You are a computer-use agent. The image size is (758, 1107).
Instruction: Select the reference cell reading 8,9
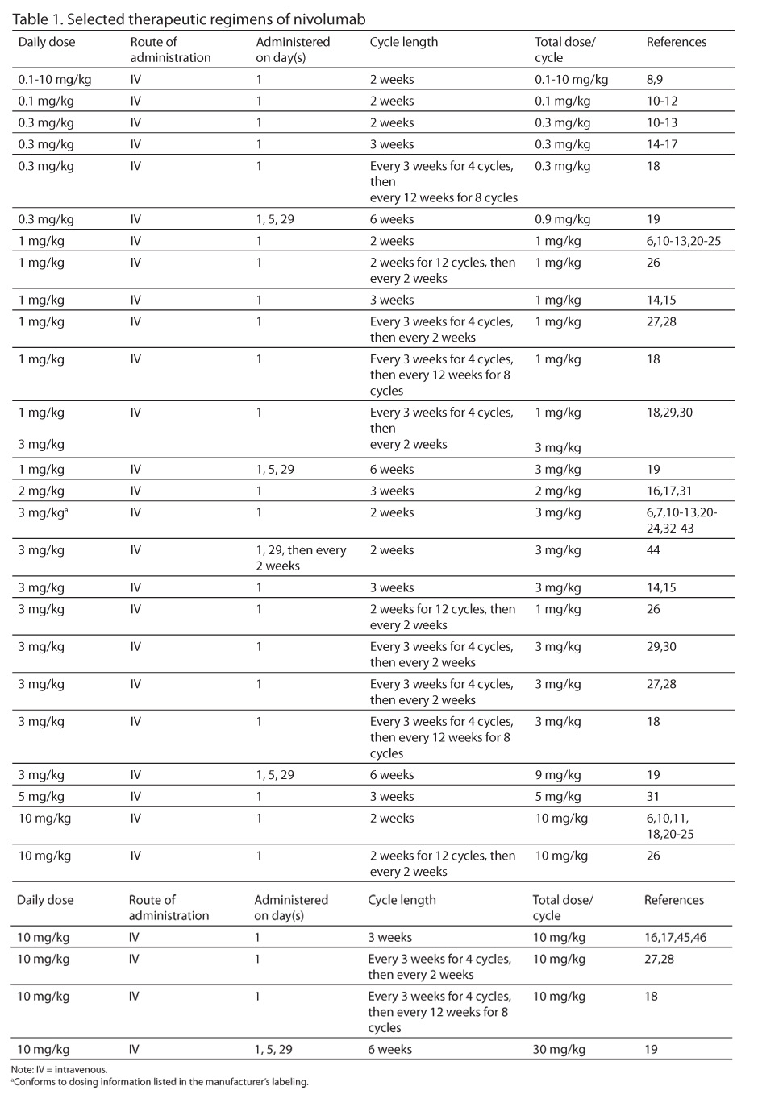pyautogui.click(x=654, y=80)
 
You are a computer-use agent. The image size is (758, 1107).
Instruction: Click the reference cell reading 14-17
pyautogui.click(x=661, y=144)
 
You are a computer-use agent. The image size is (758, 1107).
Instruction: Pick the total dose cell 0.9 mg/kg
pyautogui.click(x=563, y=219)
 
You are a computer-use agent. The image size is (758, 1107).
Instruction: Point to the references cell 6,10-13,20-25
pyautogui.click(x=683, y=241)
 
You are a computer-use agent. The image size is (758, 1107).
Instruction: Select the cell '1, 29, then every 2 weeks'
pyautogui.click(x=301, y=558)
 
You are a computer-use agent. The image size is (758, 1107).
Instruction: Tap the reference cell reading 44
pyautogui.click(x=653, y=550)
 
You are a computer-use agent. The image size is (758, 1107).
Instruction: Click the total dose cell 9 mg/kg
pyautogui.click(x=557, y=775)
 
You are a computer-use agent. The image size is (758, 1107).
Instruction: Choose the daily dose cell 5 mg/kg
pyautogui.click(x=41, y=797)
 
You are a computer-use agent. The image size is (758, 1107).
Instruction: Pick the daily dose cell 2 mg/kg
pyautogui.click(x=41, y=491)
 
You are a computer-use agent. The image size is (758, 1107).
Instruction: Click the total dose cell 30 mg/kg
pyautogui.click(x=559, y=1050)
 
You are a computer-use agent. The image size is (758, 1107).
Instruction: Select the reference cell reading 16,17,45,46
pyautogui.click(x=675, y=938)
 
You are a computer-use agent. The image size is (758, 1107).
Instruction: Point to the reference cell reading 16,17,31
pyautogui.click(x=668, y=491)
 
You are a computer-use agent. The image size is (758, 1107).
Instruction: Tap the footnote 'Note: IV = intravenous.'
pyautogui.click(x=60, y=1070)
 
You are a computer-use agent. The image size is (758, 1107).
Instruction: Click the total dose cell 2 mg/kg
pyautogui.click(x=557, y=491)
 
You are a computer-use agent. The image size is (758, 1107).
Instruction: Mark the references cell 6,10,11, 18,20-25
pyautogui.click(x=669, y=826)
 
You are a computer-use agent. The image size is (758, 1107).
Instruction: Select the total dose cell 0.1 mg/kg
pyautogui.click(x=563, y=102)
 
